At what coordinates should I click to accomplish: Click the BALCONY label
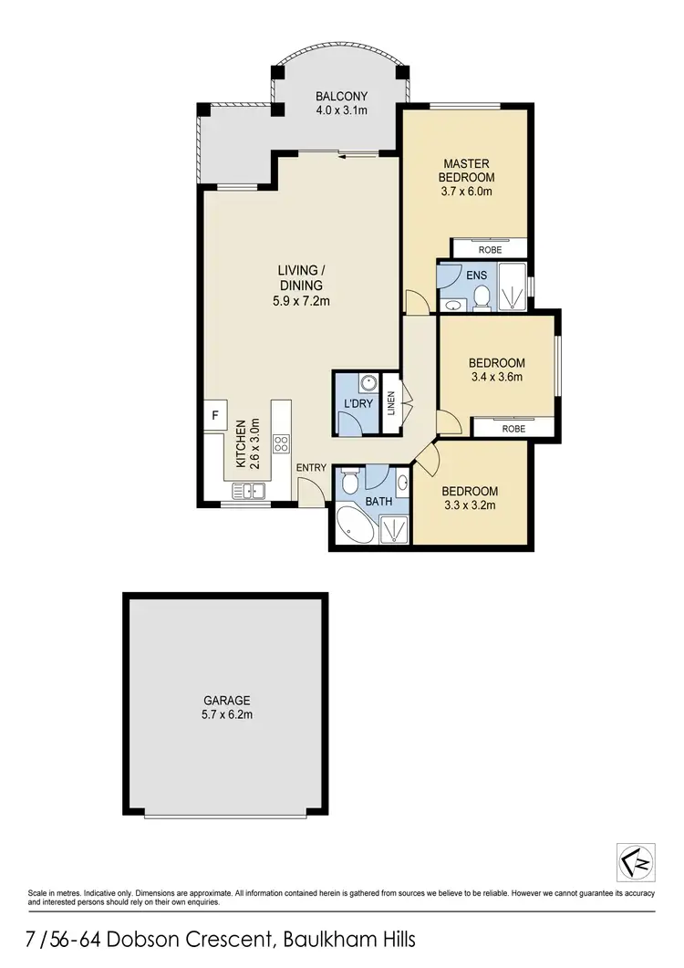341,96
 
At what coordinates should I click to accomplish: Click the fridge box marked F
215,415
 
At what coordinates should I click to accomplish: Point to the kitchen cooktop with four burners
282,444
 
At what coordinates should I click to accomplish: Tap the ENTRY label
312,468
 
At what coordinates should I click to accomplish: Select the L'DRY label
355,402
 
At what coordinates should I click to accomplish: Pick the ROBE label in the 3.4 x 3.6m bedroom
513,427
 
